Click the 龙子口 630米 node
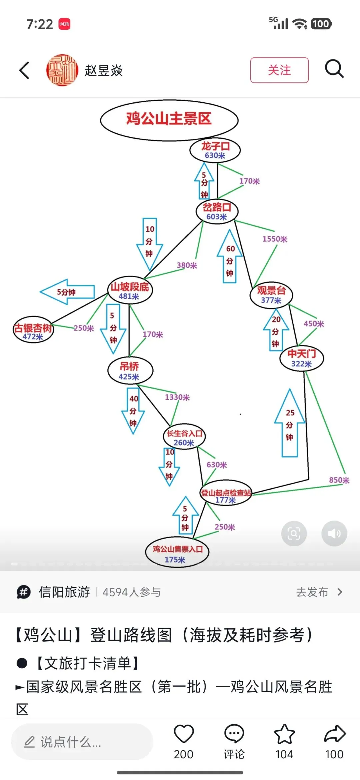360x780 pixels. click(x=215, y=150)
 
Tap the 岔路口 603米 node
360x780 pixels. click(x=217, y=212)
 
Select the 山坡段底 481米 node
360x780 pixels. click(x=130, y=290)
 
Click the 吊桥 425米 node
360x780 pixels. click(x=130, y=371)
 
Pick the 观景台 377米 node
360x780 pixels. click(x=271, y=295)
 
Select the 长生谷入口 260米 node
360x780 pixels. click(x=184, y=437)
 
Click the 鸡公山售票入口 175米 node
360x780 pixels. click(x=177, y=553)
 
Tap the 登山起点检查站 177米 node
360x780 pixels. click(x=226, y=495)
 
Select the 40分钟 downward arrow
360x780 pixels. click(x=133, y=411)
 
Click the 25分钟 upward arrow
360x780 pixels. click(x=290, y=424)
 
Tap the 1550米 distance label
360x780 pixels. click(x=275, y=239)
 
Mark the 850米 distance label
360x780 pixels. click(x=339, y=480)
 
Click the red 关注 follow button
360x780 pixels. click(x=279, y=70)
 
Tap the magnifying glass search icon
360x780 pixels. click(x=334, y=69)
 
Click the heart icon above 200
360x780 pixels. click(x=184, y=734)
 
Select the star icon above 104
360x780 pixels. click(x=284, y=734)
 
